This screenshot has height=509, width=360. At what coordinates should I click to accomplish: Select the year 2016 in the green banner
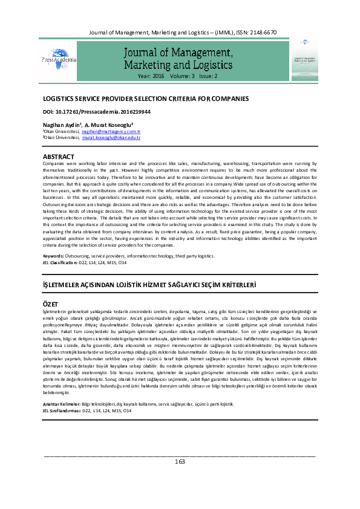[x=157, y=77]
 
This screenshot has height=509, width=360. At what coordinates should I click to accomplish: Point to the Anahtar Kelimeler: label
[x=61, y=403]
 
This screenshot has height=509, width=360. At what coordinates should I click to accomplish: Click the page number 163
[x=180, y=462]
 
